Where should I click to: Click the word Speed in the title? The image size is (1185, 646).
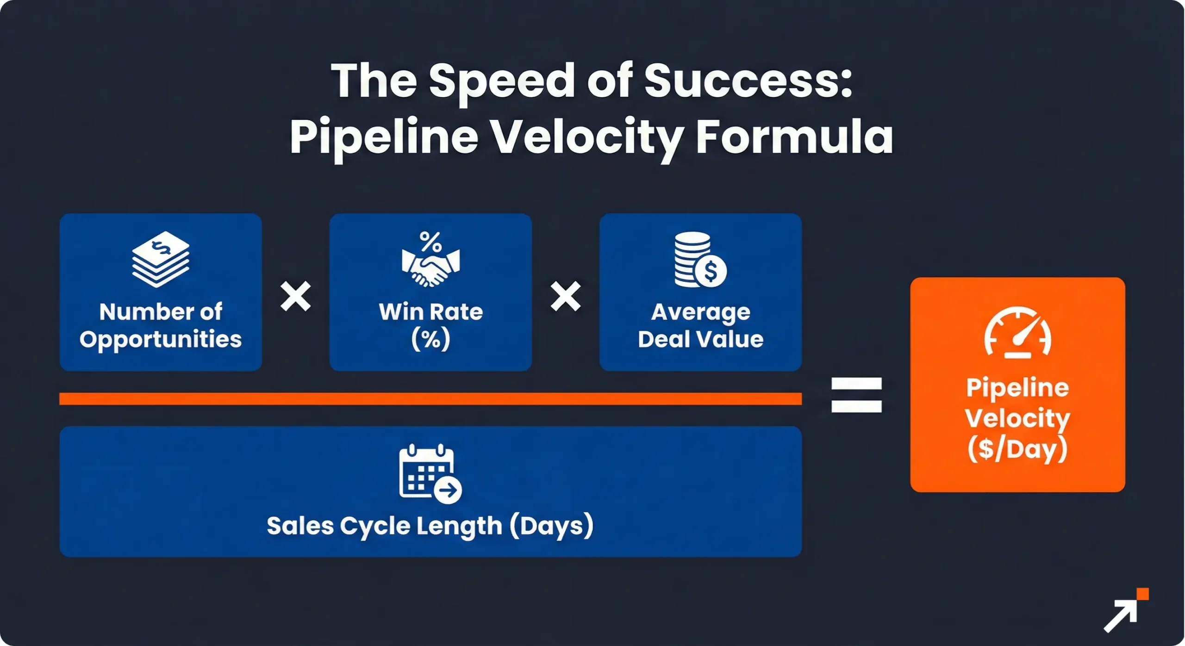click(x=502, y=81)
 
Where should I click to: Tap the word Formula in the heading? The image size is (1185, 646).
click(x=794, y=137)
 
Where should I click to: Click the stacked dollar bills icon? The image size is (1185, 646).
click(x=161, y=259)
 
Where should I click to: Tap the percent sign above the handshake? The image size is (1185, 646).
click(x=430, y=241)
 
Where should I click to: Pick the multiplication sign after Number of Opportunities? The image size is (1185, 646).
click(x=296, y=296)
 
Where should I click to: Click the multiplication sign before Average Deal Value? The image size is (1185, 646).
click(x=566, y=296)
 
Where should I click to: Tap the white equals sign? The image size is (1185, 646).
click(x=856, y=395)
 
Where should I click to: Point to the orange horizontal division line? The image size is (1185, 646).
click(x=430, y=398)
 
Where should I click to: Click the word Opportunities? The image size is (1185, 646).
click(x=161, y=340)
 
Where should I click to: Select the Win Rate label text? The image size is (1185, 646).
click(x=431, y=312)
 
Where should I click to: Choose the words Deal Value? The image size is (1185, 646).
click(x=700, y=339)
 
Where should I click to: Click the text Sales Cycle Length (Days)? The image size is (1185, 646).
click(x=430, y=526)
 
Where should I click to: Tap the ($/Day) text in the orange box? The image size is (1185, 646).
click(x=1017, y=449)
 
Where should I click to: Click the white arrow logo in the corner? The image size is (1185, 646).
click(x=1120, y=616)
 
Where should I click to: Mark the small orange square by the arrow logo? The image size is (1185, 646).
click(x=1142, y=594)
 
